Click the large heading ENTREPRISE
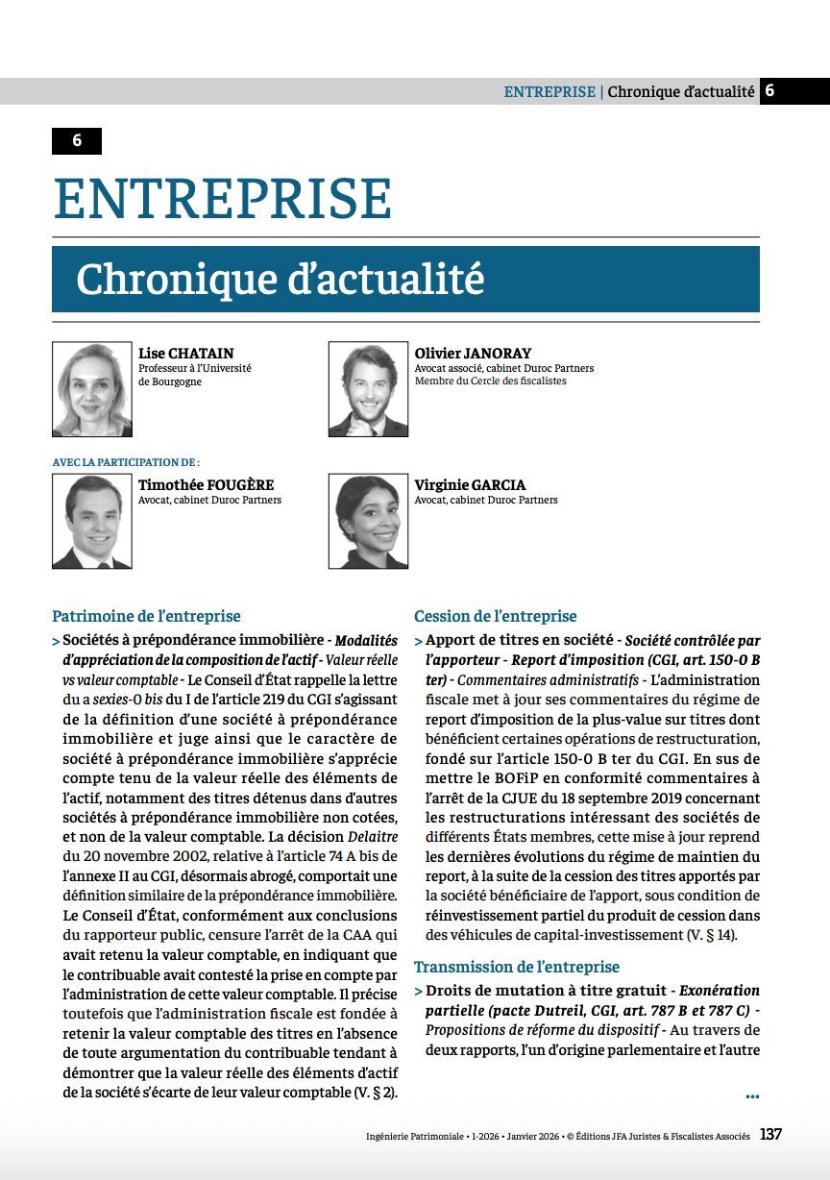click(222, 199)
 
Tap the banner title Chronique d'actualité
click(280, 280)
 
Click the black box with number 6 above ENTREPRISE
click(77, 141)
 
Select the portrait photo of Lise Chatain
click(92, 389)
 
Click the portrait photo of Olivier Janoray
click(368, 389)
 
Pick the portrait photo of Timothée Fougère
click(92, 521)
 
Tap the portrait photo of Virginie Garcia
click(368, 521)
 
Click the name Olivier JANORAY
click(473, 354)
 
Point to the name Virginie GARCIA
click(470, 485)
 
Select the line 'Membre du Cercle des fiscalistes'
click(490, 381)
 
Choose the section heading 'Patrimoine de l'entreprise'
click(146, 616)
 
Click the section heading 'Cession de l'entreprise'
click(496, 616)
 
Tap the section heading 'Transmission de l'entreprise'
click(517, 967)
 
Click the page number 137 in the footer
click(770, 1135)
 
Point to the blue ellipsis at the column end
click(751, 1095)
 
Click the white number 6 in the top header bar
click(769, 91)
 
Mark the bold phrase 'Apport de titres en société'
click(520, 640)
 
